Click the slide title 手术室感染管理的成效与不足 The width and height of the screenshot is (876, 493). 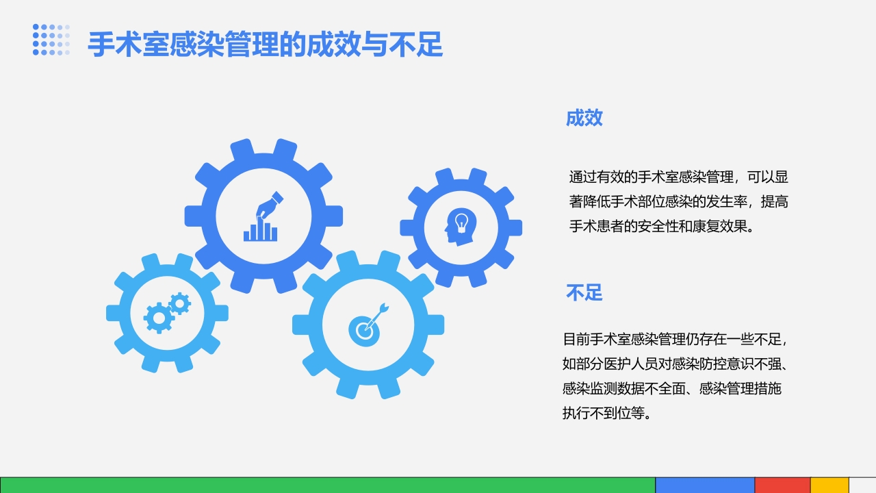tap(266, 45)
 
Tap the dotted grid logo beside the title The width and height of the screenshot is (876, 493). tap(51, 40)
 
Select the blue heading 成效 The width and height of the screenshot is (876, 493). tap(584, 118)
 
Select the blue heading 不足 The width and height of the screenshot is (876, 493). tap(584, 292)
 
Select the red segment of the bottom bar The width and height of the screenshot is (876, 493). tap(782, 485)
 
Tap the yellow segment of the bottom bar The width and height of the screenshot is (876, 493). tap(829, 485)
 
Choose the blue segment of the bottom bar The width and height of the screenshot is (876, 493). tap(705, 485)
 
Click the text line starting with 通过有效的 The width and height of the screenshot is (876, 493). tap(678, 177)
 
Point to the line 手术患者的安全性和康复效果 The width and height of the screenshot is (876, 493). tap(661, 226)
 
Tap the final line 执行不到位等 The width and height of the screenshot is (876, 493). tap(605, 413)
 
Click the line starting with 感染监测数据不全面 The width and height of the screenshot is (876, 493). tap(671, 388)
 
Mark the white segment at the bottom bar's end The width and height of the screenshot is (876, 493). tap(862, 485)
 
